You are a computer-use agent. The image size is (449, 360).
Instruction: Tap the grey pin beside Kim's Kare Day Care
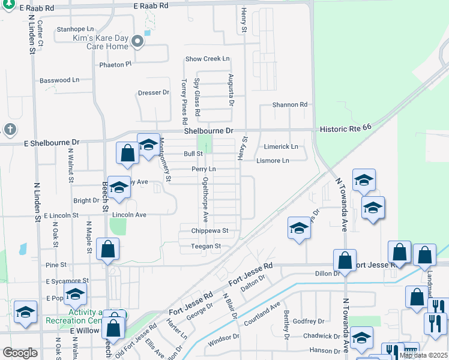click(137, 42)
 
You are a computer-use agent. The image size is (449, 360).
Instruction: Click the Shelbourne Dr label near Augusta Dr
click(208, 131)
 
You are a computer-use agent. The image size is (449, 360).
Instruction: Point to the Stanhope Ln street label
click(75, 29)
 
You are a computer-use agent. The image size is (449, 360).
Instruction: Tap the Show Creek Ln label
click(208, 59)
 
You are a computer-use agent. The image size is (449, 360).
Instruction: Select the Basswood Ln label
click(59, 80)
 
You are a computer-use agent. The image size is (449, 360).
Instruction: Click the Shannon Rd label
click(289, 104)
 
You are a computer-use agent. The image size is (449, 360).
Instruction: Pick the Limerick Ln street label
click(281, 146)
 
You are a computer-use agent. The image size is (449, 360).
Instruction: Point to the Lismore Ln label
click(273, 161)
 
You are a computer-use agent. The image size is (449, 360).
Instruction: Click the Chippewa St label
click(210, 230)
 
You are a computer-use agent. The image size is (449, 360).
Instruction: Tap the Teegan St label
click(206, 246)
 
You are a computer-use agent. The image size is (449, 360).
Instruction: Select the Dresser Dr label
click(153, 92)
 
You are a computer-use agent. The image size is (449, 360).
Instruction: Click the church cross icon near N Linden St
click(10, 129)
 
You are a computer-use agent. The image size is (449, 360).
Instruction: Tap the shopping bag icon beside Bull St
click(128, 154)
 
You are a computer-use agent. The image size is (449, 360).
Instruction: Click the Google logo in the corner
click(20, 353)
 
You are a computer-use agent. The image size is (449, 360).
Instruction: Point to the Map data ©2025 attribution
click(422, 355)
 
